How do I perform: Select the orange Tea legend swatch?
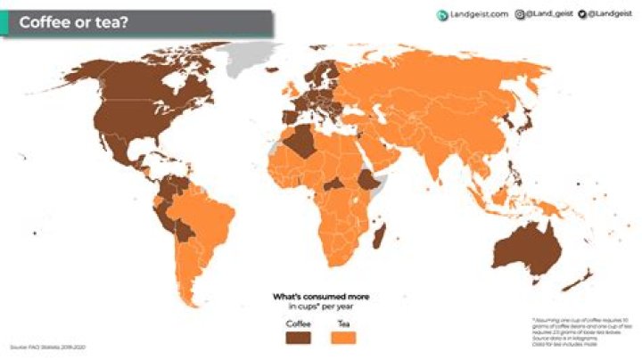(x=343, y=338)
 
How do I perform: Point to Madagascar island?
(x=381, y=236)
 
